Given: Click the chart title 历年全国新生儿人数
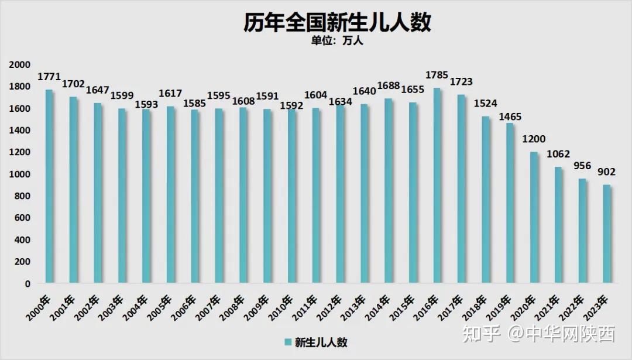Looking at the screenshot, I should tap(338, 23).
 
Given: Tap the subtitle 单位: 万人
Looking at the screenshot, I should tap(338, 42).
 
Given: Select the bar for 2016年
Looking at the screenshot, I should tap(437, 186).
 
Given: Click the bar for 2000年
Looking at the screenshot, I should tap(49, 187).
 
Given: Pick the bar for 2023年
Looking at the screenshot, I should tap(607, 234).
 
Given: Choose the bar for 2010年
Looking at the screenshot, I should tap(291, 196).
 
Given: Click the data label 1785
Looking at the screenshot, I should tap(437, 76).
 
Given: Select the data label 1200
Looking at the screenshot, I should tap(534, 140).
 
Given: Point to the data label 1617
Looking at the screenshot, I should tap(170, 94).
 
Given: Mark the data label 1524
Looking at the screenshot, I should tap(485, 104).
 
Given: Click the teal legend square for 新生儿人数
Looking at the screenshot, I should tap(288, 342).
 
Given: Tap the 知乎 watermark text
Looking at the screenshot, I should tap(482, 334).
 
